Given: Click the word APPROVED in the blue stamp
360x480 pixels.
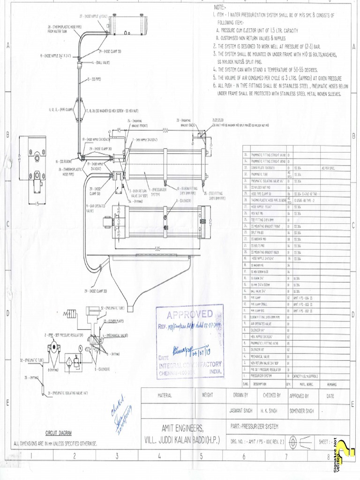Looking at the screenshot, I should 189,314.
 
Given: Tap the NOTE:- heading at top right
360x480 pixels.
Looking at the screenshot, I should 219,7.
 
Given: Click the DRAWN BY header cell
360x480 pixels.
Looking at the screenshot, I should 240,395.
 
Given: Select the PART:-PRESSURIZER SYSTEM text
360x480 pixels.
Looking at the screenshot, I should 255,427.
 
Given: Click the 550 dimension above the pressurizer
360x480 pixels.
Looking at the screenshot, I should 165,129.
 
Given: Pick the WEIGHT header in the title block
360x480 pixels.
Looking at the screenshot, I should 207,395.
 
